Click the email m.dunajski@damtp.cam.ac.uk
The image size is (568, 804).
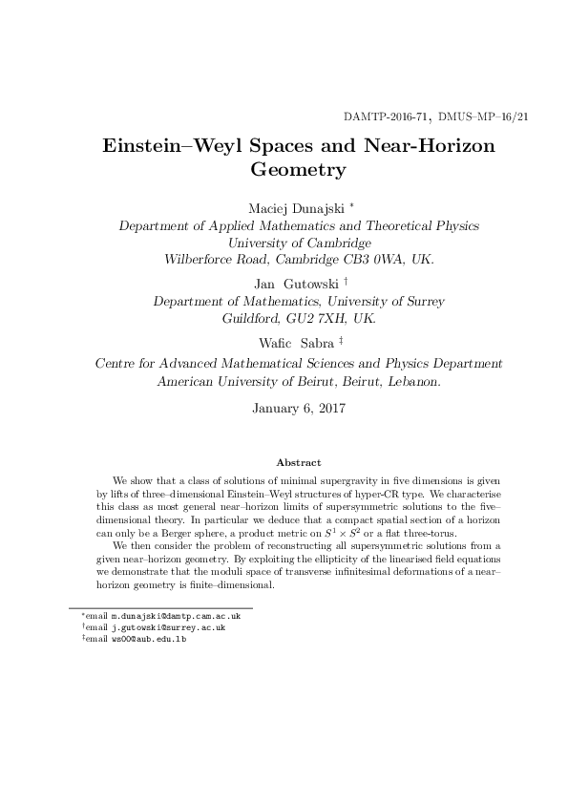pyautogui.click(x=176, y=617)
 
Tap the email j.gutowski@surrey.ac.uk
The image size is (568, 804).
pyautogui.click(x=168, y=627)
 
